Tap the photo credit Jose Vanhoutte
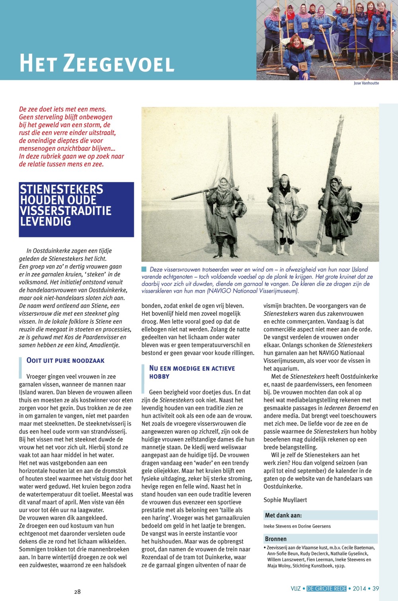tap(366, 83)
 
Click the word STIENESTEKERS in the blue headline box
tap(61, 189)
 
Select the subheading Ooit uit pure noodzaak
tap(65, 360)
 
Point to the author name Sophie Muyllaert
tap(285, 500)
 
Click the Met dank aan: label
tap(283, 515)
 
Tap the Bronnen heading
tap(275, 539)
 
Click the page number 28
tap(77, 591)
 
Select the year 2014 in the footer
tap(359, 588)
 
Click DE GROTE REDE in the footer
tap(326, 588)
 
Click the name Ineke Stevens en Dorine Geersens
tap(297, 526)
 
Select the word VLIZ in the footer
tap(295, 588)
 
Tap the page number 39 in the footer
tap(376, 588)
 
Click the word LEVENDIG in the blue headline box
tap(46, 221)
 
